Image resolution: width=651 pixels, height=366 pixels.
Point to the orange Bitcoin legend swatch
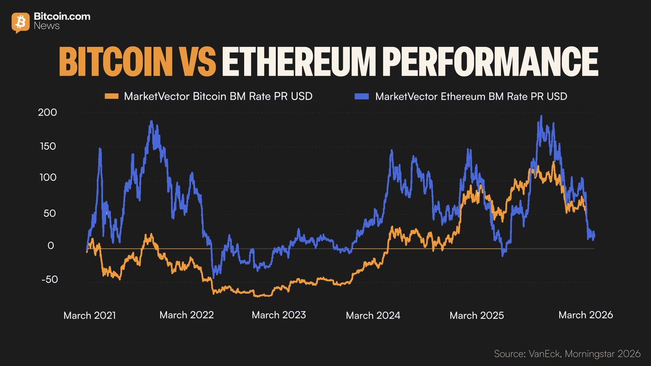tap(111, 97)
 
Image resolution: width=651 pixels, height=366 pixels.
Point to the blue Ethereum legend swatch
tap(362, 97)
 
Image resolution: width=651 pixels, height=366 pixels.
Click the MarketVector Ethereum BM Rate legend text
tap(471, 97)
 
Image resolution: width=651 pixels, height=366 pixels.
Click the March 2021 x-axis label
tap(90, 315)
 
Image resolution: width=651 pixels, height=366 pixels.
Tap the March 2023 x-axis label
tap(279, 315)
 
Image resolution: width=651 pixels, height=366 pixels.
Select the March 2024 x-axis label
tap(373, 315)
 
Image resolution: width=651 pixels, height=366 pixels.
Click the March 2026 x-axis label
tap(586, 315)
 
